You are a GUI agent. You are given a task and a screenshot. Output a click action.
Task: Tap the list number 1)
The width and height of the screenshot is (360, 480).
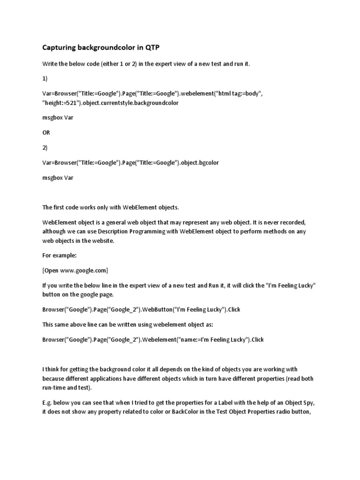(45, 79)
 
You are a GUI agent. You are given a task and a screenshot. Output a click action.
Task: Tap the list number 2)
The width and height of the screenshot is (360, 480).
(45, 147)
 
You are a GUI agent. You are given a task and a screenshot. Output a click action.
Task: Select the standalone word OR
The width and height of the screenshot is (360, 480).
(46, 133)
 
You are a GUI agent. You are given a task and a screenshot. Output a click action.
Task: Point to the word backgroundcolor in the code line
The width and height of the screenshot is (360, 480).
(155, 102)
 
